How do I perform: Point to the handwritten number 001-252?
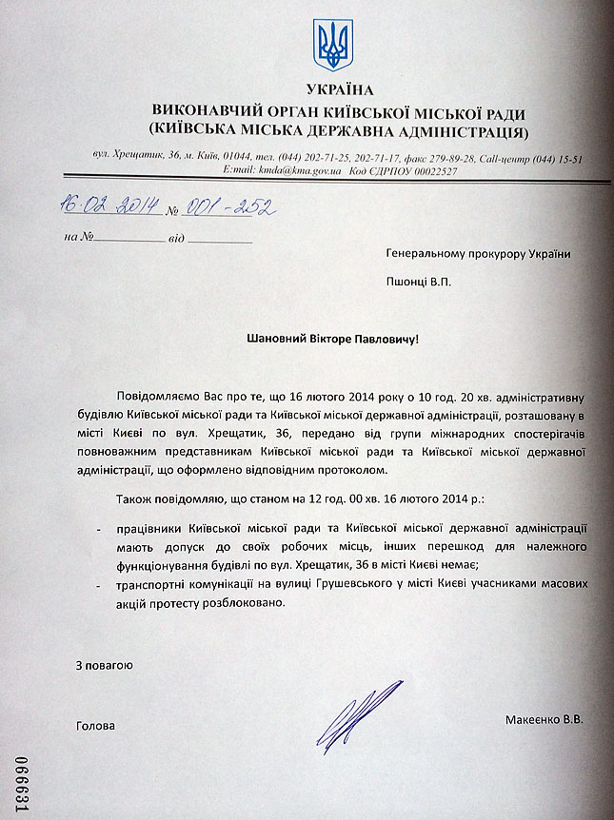pos(217,208)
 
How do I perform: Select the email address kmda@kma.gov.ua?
pos(303,170)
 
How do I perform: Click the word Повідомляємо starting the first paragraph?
pos(156,394)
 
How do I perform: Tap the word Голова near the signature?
pos(95,726)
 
